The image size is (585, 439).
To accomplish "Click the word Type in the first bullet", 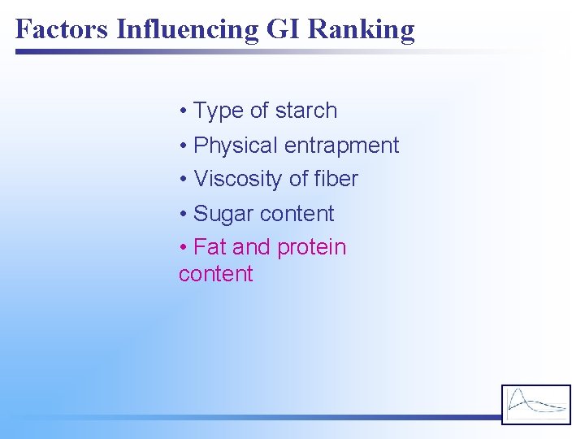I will tap(219, 111).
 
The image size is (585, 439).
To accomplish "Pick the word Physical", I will tap(236, 146).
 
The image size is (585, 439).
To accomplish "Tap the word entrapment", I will tap(342, 146).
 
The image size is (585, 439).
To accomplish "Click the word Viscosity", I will tap(241, 180).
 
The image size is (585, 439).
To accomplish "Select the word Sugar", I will tap(223, 215).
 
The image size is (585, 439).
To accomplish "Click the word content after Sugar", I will tap(297, 214).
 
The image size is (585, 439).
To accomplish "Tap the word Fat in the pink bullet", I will tap(210, 247).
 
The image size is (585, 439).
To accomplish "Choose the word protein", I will tap(312, 248).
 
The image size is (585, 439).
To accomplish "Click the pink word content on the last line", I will tap(216, 274).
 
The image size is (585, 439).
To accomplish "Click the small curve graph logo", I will tap(535, 404).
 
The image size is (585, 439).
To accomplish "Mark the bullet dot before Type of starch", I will tap(184, 111).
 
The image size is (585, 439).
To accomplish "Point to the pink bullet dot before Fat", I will tap(184, 248).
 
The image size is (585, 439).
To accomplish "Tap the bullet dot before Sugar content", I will tap(184, 215).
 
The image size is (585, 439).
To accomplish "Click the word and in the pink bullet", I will tap(251, 247).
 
